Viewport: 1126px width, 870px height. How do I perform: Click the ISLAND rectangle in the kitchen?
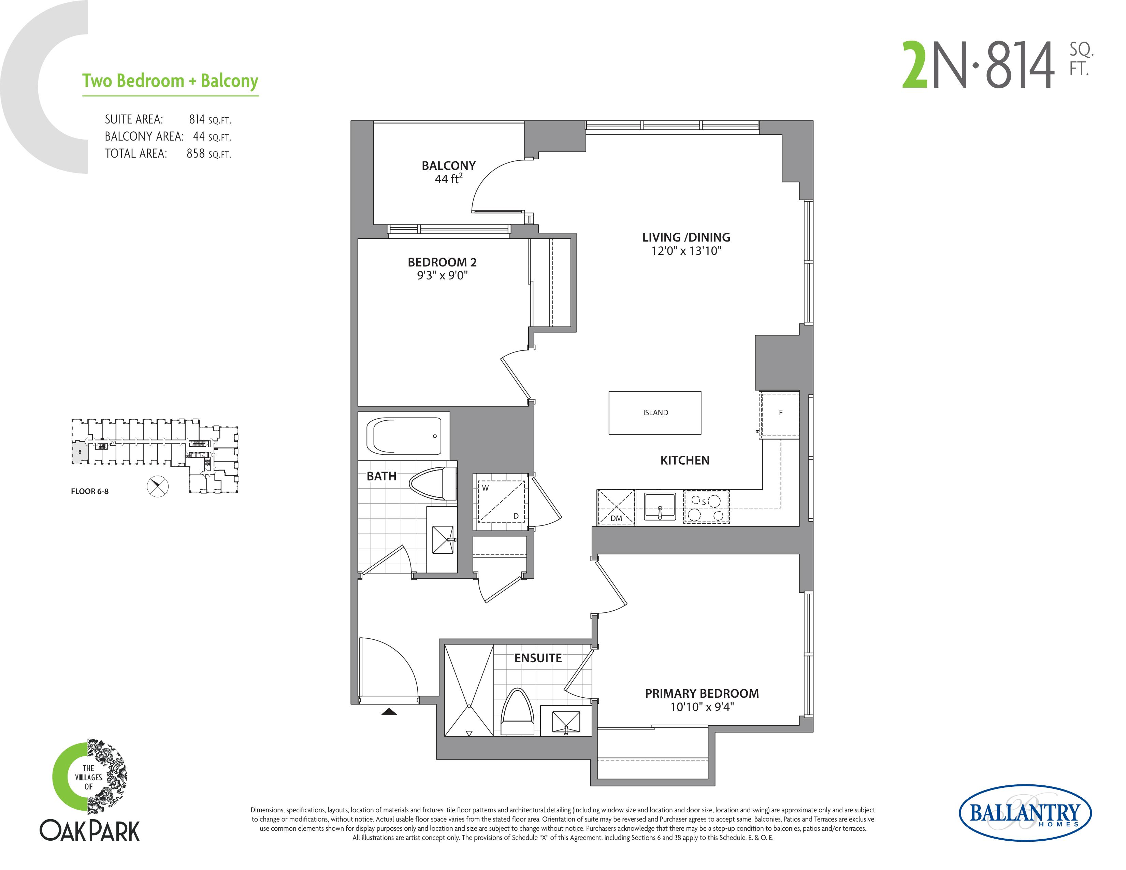click(x=655, y=412)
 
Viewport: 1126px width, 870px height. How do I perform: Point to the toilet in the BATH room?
click(x=433, y=483)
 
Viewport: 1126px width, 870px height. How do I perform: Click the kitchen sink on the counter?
click(x=660, y=507)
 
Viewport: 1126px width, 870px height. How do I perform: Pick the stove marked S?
click(x=706, y=507)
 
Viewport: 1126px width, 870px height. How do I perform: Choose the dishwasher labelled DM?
click(x=616, y=508)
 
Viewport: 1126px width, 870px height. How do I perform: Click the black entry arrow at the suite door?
click(x=389, y=712)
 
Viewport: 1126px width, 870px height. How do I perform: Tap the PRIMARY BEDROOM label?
click(x=702, y=693)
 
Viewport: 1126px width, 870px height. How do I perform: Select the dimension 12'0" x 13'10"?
click(x=686, y=251)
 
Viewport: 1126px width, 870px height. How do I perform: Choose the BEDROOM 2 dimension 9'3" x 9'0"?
click(x=442, y=275)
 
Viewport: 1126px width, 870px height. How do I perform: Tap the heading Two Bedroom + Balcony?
click(x=170, y=81)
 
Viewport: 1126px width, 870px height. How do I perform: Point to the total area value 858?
click(x=196, y=154)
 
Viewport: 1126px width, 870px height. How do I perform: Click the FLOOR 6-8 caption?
click(x=90, y=491)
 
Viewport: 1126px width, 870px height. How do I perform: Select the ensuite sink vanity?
click(x=566, y=721)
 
